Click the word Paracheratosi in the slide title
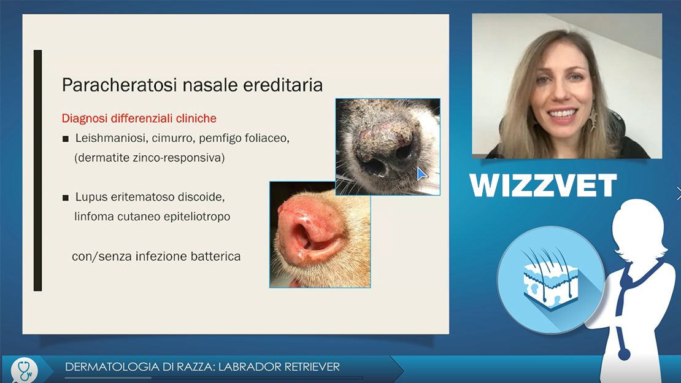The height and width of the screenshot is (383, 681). pyautogui.click(x=120, y=85)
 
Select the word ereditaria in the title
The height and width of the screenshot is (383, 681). pyautogui.click(x=283, y=85)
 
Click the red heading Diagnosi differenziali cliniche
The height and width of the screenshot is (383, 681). pyautogui.click(x=139, y=118)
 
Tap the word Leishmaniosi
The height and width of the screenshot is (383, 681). pyautogui.click(x=110, y=138)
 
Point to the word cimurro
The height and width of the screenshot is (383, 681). pyautogui.click(x=172, y=139)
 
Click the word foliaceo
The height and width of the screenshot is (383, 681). pyautogui.click(x=268, y=139)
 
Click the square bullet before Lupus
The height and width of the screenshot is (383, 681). pyautogui.click(x=66, y=198)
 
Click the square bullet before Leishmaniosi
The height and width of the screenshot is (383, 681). pyautogui.click(x=66, y=139)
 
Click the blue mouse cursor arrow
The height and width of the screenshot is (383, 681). pyautogui.click(x=421, y=174)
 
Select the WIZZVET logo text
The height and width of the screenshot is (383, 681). pyautogui.click(x=543, y=185)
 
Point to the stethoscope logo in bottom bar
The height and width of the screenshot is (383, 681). pyautogui.click(x=25, y=369)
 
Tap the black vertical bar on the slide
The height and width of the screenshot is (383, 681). pyautogui.click(x=38, y=171)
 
